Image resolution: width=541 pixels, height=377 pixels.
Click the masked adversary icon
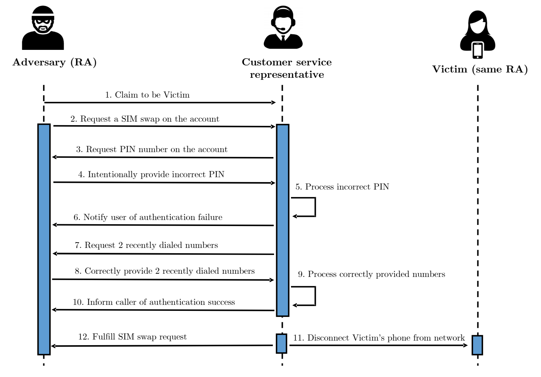(x=43, y=28)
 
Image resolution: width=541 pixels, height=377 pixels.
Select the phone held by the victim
(x=477, y=51)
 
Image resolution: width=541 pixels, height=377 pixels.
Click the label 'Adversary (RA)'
(x=54, y=62)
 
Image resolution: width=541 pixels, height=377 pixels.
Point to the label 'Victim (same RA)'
(x=480, y=69)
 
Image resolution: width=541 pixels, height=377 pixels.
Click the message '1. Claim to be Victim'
(x=147, y=95)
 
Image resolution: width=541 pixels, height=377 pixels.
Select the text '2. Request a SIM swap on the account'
(x=145, y=119)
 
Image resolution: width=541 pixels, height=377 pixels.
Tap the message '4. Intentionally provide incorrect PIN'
(x=151, y=174)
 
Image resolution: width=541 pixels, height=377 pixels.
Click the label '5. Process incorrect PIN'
(x=342, y=187)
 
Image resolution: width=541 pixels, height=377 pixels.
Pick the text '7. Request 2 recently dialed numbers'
(x=146, y=245)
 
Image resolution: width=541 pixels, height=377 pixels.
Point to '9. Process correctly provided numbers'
(x=372, y=274)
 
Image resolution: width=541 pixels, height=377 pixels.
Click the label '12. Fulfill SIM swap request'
(x=132, y=337)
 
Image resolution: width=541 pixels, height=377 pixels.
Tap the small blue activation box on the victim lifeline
(x=477, y=345)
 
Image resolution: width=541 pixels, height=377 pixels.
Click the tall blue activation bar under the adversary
(x=44, y=239)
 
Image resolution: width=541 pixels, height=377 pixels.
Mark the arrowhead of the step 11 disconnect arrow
(x=466, y=346)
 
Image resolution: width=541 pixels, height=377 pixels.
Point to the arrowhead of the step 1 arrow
(x=274, y=103)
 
